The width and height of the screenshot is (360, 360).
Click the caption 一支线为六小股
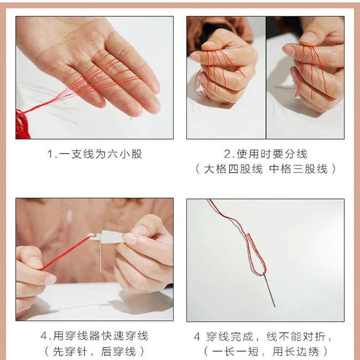(x=100, y=154)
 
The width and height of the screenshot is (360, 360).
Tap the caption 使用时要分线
(x=272, y=154)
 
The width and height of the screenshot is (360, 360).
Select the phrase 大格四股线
(x=233, y=169)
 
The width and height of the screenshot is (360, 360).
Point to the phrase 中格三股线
(x=298, y=169)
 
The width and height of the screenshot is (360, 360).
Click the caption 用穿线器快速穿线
(x=100, y=336)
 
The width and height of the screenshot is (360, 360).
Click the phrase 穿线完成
(x=230, y=337)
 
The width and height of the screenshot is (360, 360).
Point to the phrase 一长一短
(x=235, y=351)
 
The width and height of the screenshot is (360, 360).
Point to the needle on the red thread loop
(x=269, y=290)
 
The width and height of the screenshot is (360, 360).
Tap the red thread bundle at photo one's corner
(x=22, y=125)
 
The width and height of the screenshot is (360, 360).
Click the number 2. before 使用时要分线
(x=229, y=154)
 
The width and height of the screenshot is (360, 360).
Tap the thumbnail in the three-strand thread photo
(x=308, y=37)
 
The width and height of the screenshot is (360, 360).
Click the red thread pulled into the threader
(x=65, y=253)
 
